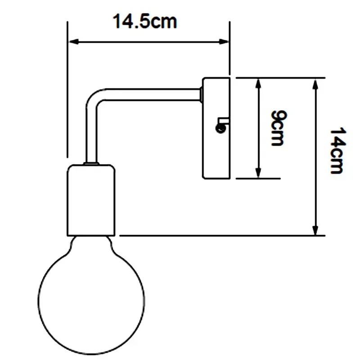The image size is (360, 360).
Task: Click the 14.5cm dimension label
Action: click(145, 21)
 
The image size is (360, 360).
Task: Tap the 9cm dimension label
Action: click(279, 128)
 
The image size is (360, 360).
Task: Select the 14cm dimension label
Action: click(338, 151)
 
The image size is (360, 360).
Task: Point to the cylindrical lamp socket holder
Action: click(91, 200)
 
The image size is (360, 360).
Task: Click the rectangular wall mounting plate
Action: click(216, 128)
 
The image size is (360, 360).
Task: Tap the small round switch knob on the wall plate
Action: click(220, 128)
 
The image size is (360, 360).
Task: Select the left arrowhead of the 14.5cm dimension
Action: click(74, 42)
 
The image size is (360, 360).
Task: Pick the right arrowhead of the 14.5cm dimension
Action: click(224, 42)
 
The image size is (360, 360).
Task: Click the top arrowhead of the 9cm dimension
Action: click(258, 84)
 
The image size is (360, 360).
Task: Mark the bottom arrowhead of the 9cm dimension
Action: click(258, 173)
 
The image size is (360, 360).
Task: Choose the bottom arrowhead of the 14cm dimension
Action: click(315, 230)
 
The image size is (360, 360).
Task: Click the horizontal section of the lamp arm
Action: click(153, 94)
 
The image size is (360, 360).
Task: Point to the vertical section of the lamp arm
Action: click(91, 135)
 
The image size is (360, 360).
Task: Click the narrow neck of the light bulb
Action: click(91, 244)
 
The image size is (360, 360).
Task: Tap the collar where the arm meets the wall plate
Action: click(201, 94)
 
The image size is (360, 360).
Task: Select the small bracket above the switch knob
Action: click(223, 121)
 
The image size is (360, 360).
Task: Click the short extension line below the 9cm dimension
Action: click(258, 178)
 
